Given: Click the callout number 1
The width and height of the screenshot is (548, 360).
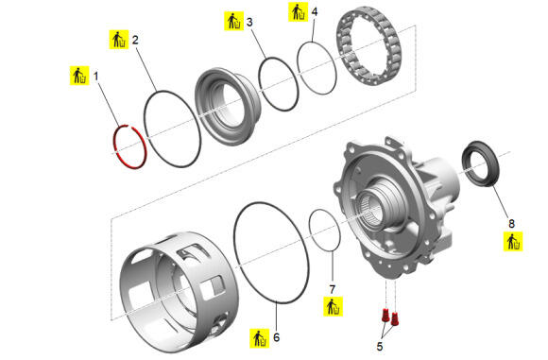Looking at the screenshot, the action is (x=95, y=76).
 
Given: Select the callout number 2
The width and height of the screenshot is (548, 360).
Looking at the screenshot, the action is (x=135, y=40).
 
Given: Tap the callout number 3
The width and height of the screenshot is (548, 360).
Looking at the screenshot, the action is (x=249, y=22).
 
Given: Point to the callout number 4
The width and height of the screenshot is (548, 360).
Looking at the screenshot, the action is (x=315, y=12).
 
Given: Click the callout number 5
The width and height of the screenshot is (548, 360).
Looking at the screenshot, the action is (x=380, y=347).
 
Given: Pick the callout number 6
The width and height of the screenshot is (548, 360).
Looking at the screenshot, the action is (x=277, y=337).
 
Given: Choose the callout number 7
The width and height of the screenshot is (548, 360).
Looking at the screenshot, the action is (x=333, y=289).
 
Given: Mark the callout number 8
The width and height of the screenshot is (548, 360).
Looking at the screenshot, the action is (x=512, y=223).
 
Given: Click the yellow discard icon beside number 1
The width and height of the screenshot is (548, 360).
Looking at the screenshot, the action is (x=79, y=76).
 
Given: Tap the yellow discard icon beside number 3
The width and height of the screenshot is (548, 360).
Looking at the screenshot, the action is (x=233, y=22).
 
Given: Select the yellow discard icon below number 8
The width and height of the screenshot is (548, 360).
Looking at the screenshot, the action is (x=513, y=242).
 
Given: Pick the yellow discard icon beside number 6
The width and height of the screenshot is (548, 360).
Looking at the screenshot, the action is (x=259, y=338).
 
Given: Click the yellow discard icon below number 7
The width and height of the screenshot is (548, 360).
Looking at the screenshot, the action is (x=334, y=307).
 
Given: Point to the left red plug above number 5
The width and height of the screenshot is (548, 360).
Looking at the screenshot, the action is (x=385, y=315).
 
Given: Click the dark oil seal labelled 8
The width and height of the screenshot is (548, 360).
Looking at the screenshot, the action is (x=481, y=163).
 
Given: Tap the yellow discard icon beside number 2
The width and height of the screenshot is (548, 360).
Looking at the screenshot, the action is (x=119, y=40).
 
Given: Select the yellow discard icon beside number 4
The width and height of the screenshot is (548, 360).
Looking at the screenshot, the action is (x=299, y=12).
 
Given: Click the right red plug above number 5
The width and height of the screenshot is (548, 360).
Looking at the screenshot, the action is (x=395, y=318).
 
